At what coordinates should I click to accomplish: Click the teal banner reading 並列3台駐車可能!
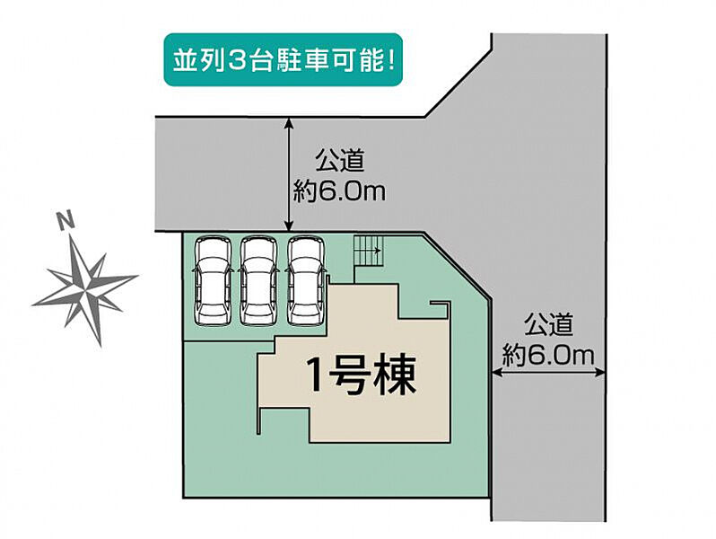click(x=284, y=60)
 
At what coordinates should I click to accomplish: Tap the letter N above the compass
click(x=66, y=220)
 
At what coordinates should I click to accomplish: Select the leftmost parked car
click(x=213, y=281)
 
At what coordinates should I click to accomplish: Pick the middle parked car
click(x=259, y=281)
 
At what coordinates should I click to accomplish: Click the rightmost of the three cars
click(x=305, y=281)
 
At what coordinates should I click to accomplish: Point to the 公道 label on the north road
click(x=340, y=161)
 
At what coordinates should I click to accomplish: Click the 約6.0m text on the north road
click(x=339, y=191)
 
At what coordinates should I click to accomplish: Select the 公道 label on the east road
click(x=548, y=324)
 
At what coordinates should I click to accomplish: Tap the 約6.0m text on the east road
click(x=548, y=355)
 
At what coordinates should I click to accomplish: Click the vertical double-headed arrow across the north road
click(x=289, y=174)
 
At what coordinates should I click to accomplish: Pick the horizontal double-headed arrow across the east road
click(x=548, y=374)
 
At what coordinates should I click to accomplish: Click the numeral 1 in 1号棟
click(x=318, y=376)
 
